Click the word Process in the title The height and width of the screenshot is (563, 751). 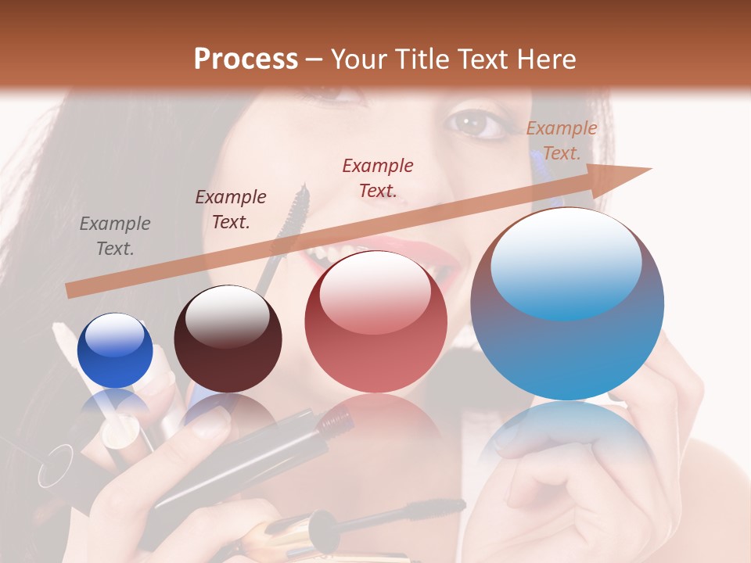[x=246, y=59]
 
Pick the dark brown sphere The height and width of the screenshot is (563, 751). [x=228, y=339]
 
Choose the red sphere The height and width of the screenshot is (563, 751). [x=376, y=322]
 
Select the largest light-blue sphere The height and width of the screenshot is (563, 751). [x=567, y=305]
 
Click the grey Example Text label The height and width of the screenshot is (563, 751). [x=115, y=236]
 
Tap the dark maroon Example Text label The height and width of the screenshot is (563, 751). [x=231, y=210]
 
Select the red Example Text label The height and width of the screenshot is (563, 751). [x=378, y=178]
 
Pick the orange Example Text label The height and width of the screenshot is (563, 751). [x=562, y=141]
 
